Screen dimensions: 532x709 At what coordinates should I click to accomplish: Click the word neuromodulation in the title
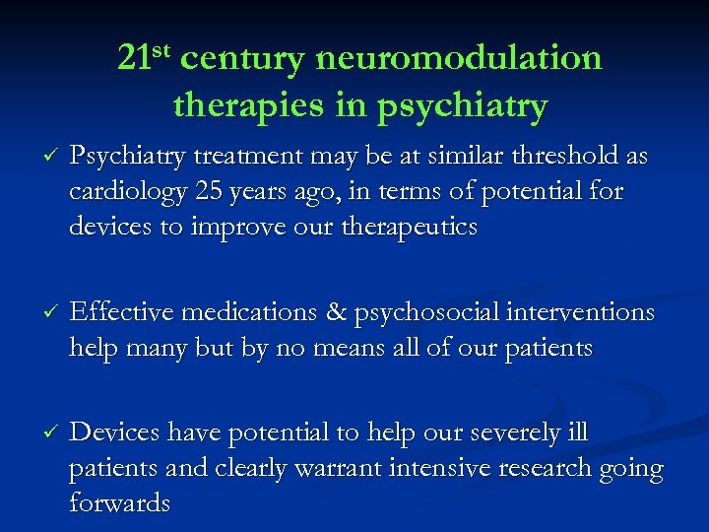pyautogui.click(x=459, y=59)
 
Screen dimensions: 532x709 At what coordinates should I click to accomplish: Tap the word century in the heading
pyautogui.click(x=242, y=59)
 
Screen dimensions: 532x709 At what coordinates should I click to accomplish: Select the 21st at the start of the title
pyautogui.click(x=145, y=57)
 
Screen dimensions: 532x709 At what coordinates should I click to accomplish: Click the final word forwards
pyautogui.click(x=119, y=503)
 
